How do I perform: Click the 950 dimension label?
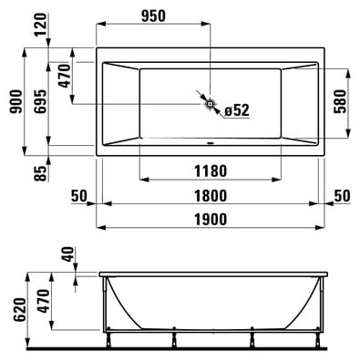(153, 16)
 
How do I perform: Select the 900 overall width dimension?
(15, 101)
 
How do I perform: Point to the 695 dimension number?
(40, 101)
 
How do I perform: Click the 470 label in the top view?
(65, 76)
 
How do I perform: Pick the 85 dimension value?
(41, 173)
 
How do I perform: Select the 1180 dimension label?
(211, 171)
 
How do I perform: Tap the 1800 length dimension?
(211, 196)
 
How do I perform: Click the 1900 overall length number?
(211, 220)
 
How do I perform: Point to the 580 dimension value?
(340, 101)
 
